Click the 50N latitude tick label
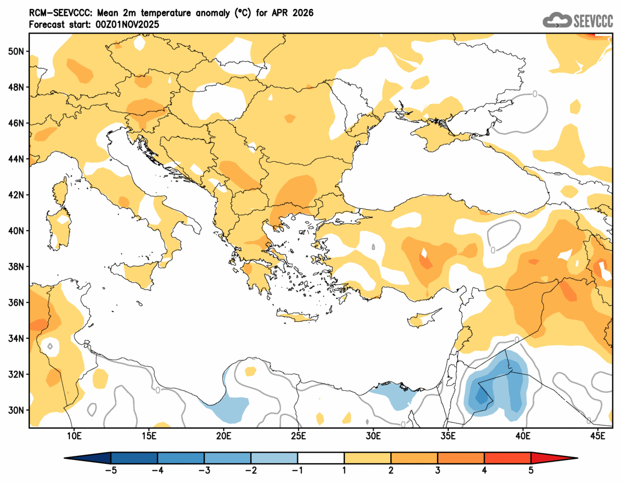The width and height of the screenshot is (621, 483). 17,51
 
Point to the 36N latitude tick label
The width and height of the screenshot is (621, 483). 17,302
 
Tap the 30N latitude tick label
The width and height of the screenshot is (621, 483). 17,410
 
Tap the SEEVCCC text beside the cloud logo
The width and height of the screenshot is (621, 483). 593,21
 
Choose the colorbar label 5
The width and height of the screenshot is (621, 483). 531,470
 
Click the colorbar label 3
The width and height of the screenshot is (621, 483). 438,470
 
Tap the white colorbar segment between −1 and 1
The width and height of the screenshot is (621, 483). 321,457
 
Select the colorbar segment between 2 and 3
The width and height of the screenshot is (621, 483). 414,457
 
